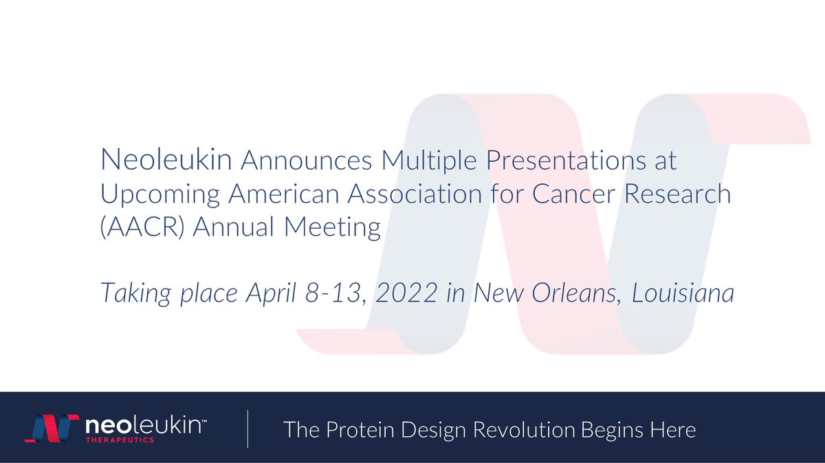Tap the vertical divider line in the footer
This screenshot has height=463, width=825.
point(247,429)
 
